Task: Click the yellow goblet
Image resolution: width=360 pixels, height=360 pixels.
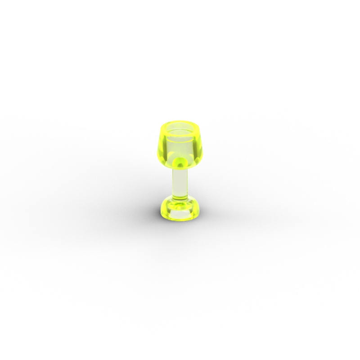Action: click(x=180, y=171)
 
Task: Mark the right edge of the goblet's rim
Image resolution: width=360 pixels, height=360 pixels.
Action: click(x=199, y=128)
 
